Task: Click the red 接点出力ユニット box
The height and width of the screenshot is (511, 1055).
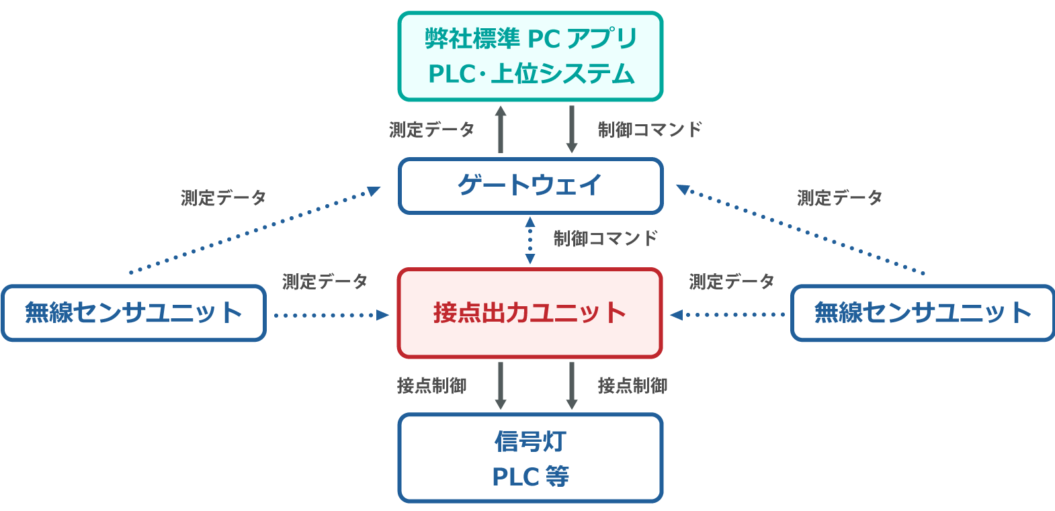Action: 530,313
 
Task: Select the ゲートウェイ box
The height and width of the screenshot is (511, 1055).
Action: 530,186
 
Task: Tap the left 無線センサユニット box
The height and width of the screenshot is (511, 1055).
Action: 134,314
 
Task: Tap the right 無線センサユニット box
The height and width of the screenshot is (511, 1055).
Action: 923,314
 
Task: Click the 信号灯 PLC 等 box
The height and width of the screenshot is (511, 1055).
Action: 530,458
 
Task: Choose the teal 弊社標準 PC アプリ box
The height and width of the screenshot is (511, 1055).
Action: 530,56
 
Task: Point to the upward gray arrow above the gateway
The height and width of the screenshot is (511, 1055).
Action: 501,129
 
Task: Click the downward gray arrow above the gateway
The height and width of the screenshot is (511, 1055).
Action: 572,129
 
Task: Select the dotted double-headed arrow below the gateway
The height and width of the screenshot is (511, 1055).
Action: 530,240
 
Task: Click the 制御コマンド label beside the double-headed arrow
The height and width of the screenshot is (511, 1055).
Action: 605,238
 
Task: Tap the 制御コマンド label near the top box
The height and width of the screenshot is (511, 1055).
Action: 650,129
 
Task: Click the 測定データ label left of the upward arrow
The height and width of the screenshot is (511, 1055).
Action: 432,129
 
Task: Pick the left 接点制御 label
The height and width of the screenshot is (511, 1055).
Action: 431,385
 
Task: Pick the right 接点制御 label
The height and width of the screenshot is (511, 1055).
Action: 632,385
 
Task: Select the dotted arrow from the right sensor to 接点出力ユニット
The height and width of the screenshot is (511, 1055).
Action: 727,315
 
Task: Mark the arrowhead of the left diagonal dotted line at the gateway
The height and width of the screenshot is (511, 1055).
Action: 374,191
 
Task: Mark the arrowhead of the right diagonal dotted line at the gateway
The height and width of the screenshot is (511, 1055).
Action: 683,190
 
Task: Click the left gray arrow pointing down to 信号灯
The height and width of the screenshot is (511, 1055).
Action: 501,385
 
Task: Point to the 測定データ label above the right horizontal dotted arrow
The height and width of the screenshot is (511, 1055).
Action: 732,281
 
